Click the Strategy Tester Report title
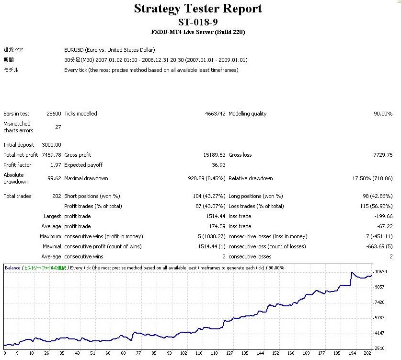point(198,9)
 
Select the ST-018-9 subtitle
point(198,22)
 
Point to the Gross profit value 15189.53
point(214,155)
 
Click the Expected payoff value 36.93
point(218,165)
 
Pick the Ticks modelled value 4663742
point(215,114)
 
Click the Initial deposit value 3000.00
point(51,145)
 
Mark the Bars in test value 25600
point(54,114)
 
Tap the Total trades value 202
point(57,196)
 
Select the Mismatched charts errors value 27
point(58,127)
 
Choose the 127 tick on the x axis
point(230,353)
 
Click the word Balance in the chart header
point(12,267)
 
